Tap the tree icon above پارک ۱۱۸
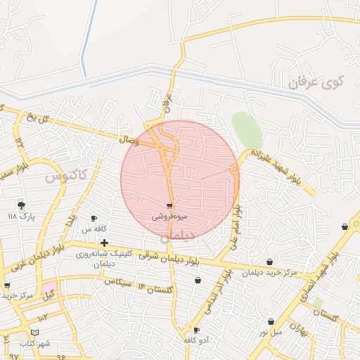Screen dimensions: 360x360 pos(22,205)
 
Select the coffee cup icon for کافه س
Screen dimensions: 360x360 pos(94,219)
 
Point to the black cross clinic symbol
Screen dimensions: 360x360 pos(105,243)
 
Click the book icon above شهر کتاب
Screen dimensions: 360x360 pos(36,331)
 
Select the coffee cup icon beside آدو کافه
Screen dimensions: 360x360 pos(196,330)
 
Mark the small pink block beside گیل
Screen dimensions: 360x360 pos(49,288)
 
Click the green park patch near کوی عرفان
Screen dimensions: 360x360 pos(247,129)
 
